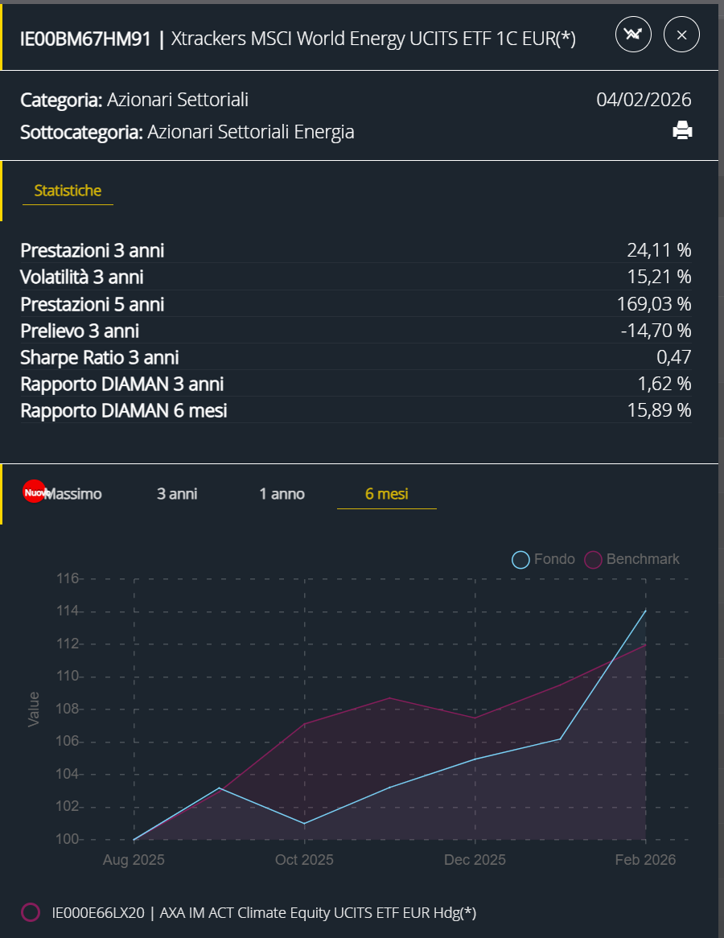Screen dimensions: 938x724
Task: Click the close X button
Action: [x=681, y=35]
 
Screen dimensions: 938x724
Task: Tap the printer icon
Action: [x=682, y=130]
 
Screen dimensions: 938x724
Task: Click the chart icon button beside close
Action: [x=633, y=35]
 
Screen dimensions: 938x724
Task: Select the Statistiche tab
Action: [x=68, y=191]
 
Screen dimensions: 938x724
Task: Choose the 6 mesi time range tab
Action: [x=386, y=494]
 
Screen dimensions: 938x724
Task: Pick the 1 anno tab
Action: [x=282, y=494]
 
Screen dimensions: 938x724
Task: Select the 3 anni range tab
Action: [x=177, y=494]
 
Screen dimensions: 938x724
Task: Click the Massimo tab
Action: [x=72, y=494]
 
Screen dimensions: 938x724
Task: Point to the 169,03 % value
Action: [x=659, y=304]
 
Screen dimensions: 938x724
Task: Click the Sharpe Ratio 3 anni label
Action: [x=100, y=357]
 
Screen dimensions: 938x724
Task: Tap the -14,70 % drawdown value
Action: [x=656, y=331]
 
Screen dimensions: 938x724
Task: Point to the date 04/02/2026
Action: [x=644, y=100]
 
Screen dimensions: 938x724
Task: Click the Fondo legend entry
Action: [x=545, y=559]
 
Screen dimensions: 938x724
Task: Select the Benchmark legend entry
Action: [x=632, y=559]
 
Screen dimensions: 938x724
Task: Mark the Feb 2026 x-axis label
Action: [x=645, y=860]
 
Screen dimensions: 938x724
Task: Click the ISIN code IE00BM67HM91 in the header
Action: [x=85, y=39]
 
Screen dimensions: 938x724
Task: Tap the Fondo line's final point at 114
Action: [x=645, y=611]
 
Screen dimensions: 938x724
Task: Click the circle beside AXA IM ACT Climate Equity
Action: [x=31, y=912]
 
